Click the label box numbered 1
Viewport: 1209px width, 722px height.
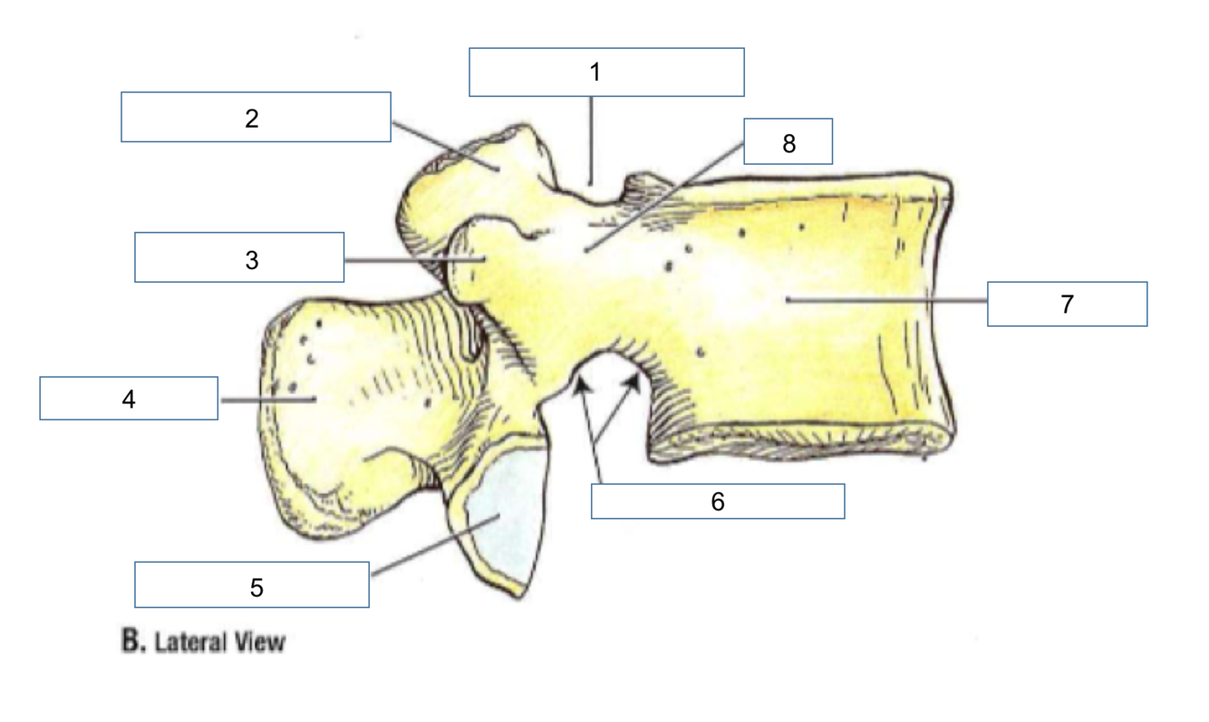606,72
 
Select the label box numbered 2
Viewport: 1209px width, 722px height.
256,117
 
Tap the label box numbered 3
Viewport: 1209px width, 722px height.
239,257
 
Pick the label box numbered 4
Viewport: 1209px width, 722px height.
129,399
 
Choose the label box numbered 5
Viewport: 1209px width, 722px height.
252,584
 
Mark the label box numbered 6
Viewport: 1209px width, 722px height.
718,501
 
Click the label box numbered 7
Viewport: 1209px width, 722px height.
1067,303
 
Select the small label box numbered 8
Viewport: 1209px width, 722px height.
788,141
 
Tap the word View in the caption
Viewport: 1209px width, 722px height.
262,643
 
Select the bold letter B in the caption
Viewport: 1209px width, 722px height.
132,642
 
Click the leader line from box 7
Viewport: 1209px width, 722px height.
888,300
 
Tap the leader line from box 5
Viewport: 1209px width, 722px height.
435,544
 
